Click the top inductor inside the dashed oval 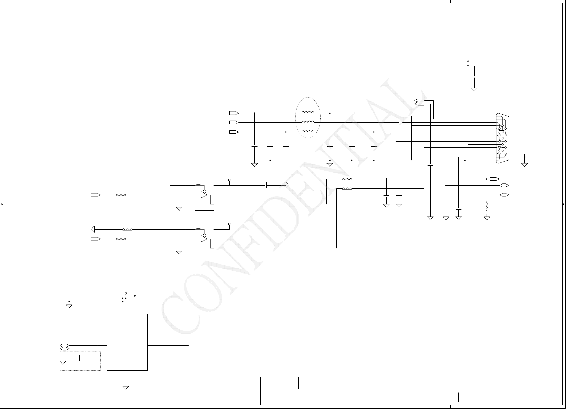[308, 113]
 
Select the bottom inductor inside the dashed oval [308, 132]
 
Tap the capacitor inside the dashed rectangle [80, 358]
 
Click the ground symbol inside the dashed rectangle [63, 362]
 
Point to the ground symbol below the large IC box [126, 387]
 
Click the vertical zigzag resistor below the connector [487, 207]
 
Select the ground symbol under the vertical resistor [487, 218]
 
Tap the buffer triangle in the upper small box [204, 195]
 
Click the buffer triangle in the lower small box [204, 239]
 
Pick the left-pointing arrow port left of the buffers [93, 229]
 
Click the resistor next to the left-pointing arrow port [127, 229]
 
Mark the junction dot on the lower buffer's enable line [170, 229]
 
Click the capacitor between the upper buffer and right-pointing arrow [266, 185]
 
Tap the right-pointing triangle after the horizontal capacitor [287, 185]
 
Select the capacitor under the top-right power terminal [474, 76]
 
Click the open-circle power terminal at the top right [468, 60]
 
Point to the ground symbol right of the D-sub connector [524, 164]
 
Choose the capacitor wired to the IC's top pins [87, 300]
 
